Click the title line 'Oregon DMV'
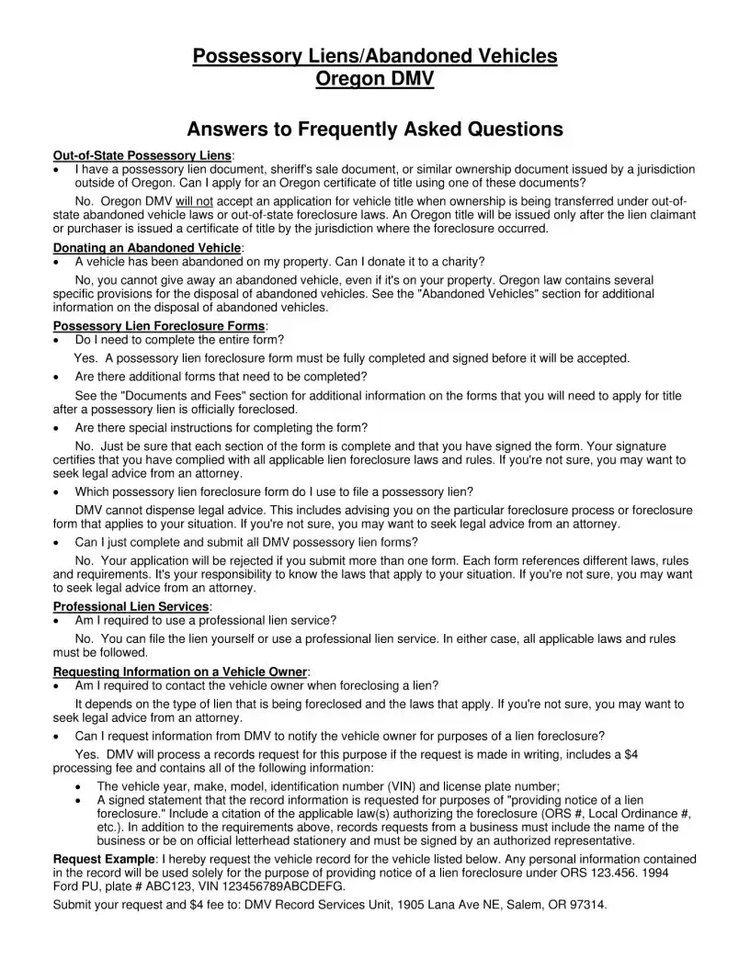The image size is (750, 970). coord(374,80)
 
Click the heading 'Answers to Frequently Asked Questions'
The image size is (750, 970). coord(374,130)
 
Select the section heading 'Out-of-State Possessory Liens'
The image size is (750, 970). coord(142,156)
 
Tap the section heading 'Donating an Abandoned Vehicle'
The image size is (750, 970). coord(147,248)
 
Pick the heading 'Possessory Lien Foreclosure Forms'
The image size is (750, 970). coord(159,326)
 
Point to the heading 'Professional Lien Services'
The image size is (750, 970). coord(131,606)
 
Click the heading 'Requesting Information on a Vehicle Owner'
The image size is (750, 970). coord(180,671)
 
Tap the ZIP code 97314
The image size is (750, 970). coord(587,905)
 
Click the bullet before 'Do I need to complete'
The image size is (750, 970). coord(59,340)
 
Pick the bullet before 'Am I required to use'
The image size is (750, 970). coord(59,620)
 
